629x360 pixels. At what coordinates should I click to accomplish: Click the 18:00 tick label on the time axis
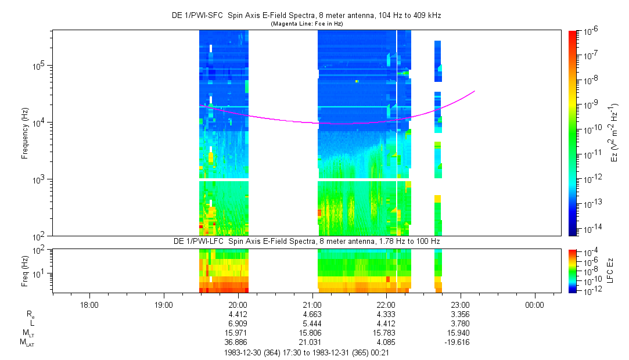click(x=89, y=304)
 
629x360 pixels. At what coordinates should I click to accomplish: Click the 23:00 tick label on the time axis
click(x=461, y=304)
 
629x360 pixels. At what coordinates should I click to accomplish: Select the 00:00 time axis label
click(x=535, y=304)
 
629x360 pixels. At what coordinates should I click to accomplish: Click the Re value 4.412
click(x=239, y=314)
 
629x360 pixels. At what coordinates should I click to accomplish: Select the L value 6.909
click(x=239, y=323)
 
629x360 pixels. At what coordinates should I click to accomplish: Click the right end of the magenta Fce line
click(x=475, y=91)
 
